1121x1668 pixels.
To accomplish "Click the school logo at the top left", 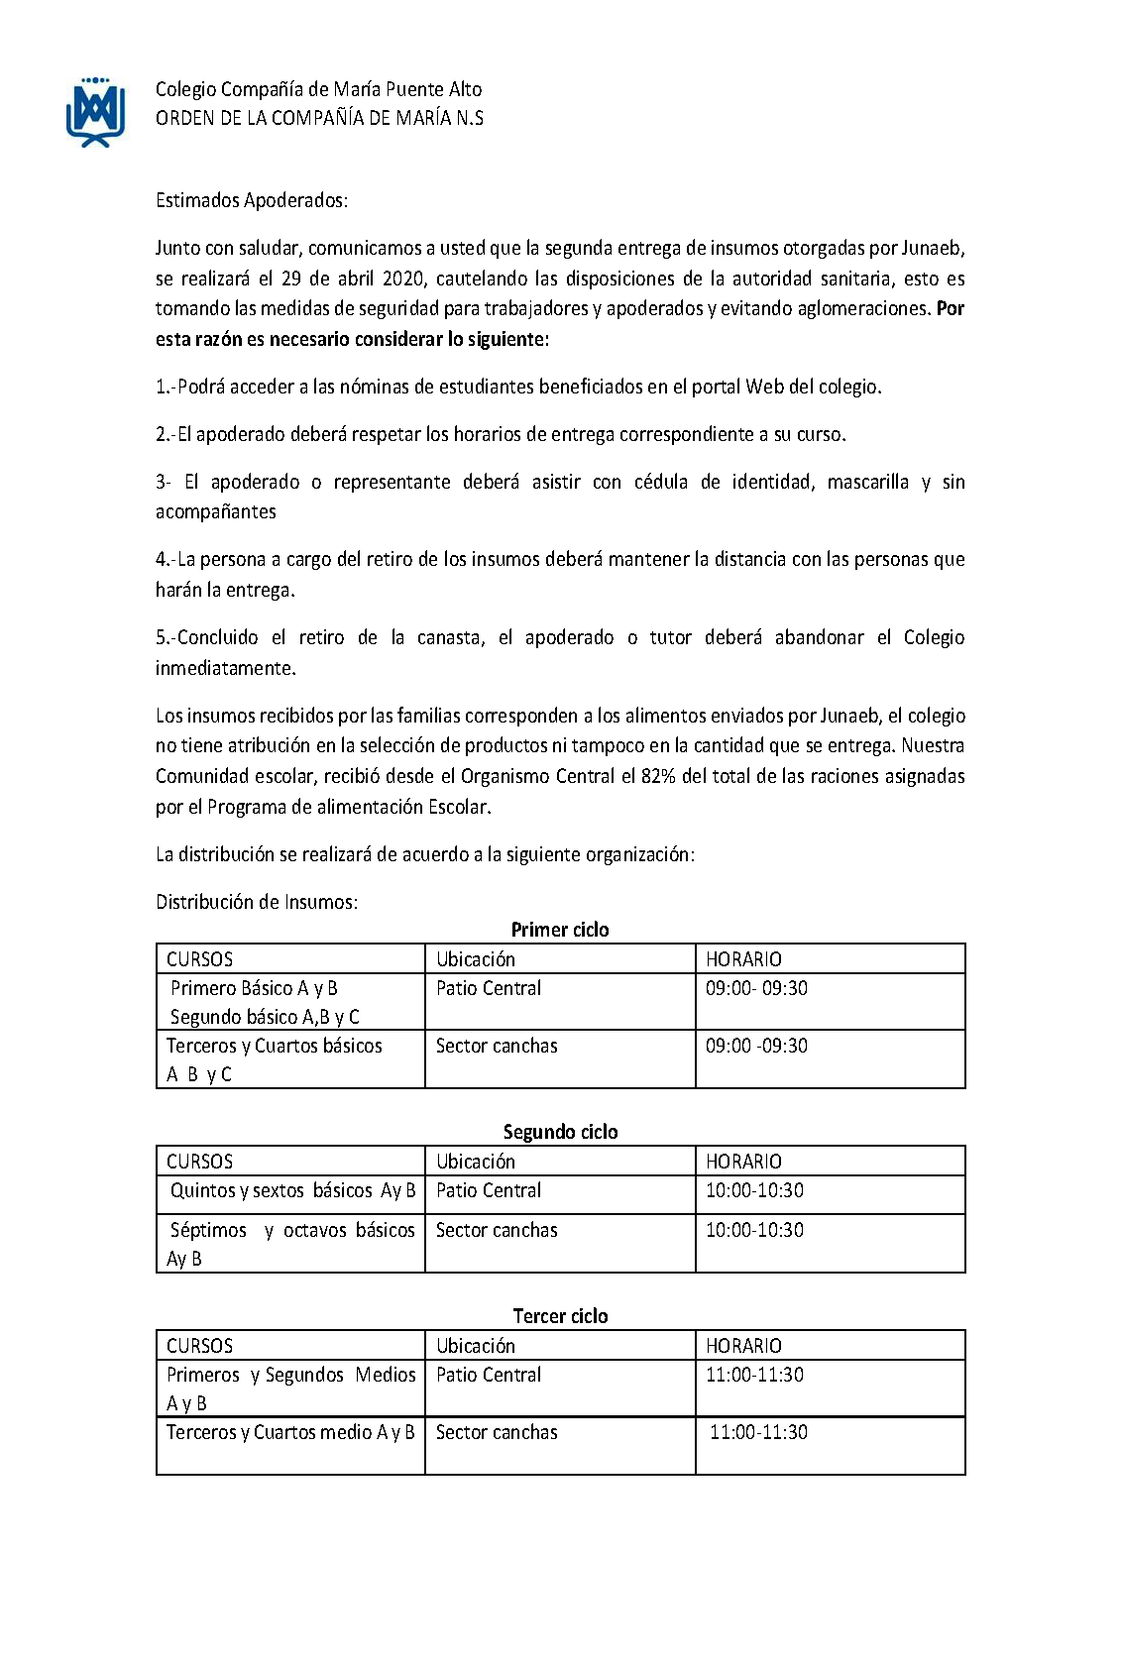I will tap(95, 111).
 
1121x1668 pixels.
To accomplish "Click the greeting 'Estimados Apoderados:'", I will tap(252, 200).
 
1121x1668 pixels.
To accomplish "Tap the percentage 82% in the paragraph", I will tap(657, 776).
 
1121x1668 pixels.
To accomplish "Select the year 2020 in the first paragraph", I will tap(402, 278).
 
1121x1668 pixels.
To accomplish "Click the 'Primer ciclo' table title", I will tap(560, 930).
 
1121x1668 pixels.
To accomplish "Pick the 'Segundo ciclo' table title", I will tap(560, 1132).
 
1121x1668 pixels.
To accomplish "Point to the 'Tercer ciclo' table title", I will tap(560, 1316).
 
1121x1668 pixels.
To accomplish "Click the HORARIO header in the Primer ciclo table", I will tap(743, 959).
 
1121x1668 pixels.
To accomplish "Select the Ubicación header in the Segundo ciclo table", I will tap(476, 1162).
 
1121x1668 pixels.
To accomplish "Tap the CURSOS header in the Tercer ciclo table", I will tap(199, 1346).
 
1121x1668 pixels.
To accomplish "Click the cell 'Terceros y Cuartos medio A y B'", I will tap(290, 1432).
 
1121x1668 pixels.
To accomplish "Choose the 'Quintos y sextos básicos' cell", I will tap(292, 1190).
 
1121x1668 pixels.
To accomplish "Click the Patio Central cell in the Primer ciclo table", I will tap(489, 988).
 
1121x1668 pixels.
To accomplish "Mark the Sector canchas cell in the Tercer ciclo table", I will tap(497, 1432).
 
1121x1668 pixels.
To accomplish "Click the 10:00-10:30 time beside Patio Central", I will tap(754, 1190).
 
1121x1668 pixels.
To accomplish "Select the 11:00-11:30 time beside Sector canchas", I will tap(758, 1432).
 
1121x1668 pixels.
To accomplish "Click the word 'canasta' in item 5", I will tap(450, 637).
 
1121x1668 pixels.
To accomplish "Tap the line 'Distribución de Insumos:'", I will tap(257, 902).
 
